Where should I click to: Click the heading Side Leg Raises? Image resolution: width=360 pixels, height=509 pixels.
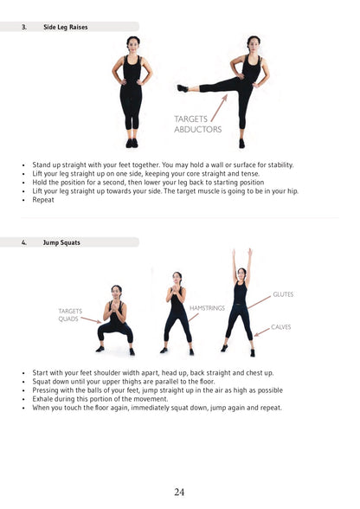point(65,27)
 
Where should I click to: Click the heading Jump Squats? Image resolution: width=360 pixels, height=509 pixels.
point(61,242)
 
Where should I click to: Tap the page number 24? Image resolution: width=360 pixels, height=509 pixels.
point(179,492)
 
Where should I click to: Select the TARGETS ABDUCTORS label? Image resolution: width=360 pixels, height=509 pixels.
point(197,124)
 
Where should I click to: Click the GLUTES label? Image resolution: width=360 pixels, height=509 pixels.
point(283,294)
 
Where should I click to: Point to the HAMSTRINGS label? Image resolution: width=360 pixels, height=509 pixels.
point(207,307)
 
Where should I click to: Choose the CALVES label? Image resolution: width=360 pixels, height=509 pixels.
point(282,327)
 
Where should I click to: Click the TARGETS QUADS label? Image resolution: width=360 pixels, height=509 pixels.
point(70,314)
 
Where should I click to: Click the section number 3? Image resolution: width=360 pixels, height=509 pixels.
point(24,27)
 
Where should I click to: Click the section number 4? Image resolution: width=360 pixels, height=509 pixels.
point(24,242)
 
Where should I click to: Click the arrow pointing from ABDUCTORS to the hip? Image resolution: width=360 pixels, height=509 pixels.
point(219,106)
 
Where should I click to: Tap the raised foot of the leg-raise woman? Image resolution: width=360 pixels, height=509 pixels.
point(182,87)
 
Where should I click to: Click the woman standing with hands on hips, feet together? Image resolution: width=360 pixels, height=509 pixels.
point(132,91)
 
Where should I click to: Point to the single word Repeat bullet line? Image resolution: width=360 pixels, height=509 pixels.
point(43,200)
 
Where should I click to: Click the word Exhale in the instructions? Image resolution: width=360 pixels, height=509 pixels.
point(43,399)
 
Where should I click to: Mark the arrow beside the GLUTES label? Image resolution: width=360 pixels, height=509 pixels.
point(259,301)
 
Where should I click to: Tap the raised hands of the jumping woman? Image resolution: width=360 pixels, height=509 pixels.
point(241,254)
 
